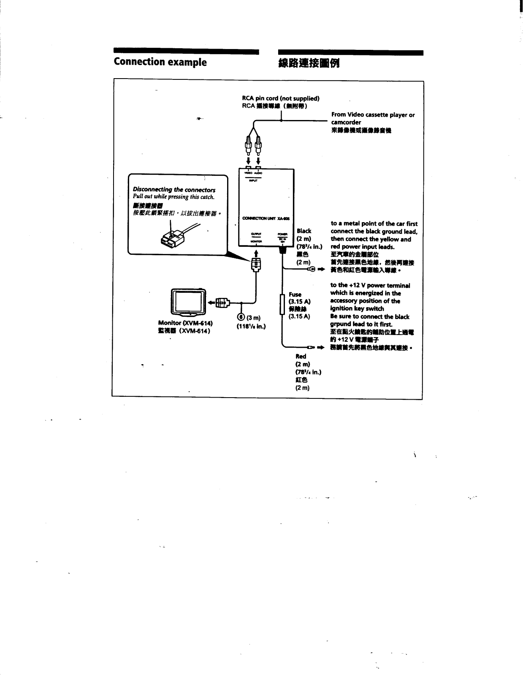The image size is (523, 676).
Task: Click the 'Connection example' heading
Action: (x=160, y=62)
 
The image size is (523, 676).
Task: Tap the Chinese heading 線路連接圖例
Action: (x=309, y=64)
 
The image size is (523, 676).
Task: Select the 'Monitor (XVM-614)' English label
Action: (x=185, y=323)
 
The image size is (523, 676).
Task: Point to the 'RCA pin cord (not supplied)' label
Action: (x=280, y=98)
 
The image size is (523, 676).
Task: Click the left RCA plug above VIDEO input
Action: (x=249, y=146)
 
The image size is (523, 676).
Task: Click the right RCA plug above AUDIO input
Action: (x=258, y=146)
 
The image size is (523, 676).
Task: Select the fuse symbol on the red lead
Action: (x=282, y=304)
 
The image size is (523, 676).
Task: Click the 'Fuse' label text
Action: (x=295, y=294)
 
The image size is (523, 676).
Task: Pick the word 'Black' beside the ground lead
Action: (x=304, y=231)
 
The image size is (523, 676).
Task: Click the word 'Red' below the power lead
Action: (x=301, y=356)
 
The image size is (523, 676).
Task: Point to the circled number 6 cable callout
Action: (x=241, y=318)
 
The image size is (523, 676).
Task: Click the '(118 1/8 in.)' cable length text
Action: (x=251, y=326)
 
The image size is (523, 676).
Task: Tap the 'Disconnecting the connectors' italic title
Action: (x=174, y=190)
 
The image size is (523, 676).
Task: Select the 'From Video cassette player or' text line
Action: (x=373, y=114)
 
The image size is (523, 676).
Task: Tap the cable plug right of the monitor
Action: (x=222, y=303)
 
